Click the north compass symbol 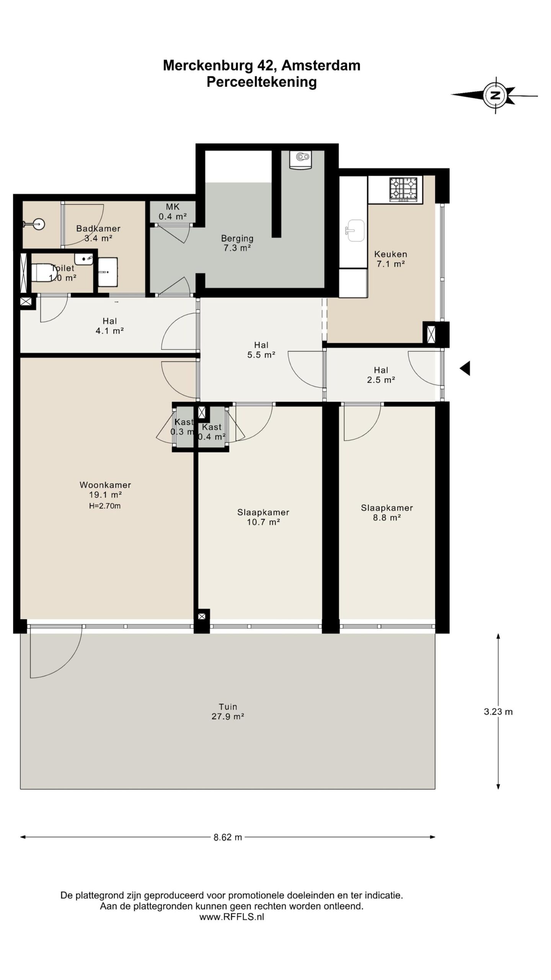click(495, 95)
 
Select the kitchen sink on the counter click(355, 230)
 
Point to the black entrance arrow click(465, 369)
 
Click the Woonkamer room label click(105, 485)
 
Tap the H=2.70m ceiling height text click(105, 506)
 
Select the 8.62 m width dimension click(228, 837)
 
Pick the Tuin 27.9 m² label click(228, 712)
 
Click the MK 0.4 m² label click(173, 211)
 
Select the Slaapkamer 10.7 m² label click(263, 517)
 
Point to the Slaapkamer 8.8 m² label click(387, 513)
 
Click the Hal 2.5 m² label click(381, 375)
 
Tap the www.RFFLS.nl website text click(231, 917)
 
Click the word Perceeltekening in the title click(262, 82)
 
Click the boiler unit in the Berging click(300, 159)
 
